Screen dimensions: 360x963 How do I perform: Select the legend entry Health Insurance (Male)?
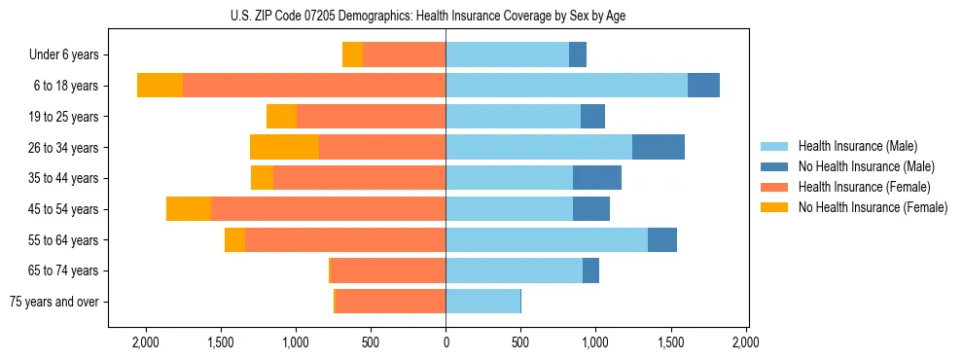click(857, 146)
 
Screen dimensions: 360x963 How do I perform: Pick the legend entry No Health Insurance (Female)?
click(873, 207)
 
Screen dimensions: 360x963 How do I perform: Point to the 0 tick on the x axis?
click(446, 342)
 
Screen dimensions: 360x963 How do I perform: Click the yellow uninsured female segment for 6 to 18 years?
click(160, 86)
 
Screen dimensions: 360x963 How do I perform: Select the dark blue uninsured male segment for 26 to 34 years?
click(659, 147)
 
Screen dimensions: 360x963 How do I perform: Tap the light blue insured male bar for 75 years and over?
click(482, 302)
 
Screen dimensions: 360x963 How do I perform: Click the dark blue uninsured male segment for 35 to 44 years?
click(597, 178)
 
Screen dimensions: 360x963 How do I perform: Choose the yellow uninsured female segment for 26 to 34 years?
click(284, 147)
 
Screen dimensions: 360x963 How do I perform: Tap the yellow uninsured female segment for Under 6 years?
click(352, 55)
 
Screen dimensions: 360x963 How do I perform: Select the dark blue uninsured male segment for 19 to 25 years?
click(592, 117)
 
